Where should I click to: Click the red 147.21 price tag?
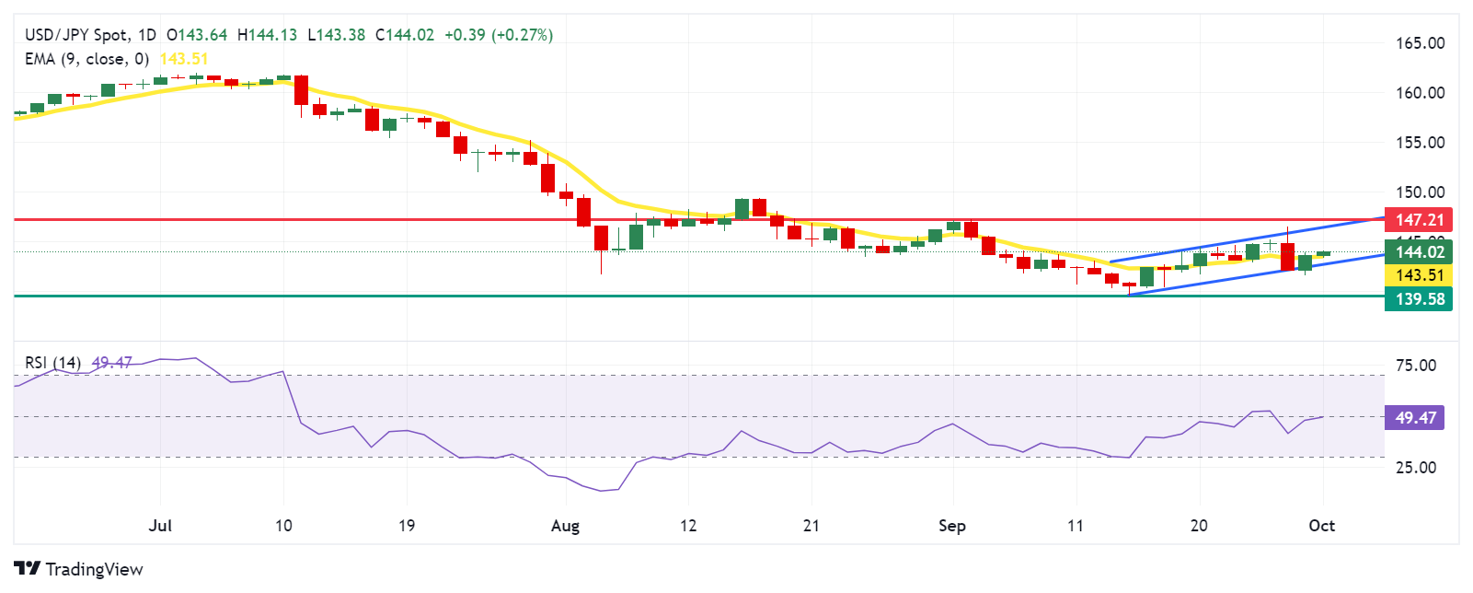coord(1419,220)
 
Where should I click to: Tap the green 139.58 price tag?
coord(1419,299)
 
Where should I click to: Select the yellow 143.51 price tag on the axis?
coord(1419,275)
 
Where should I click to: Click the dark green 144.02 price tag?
coord(1419,252)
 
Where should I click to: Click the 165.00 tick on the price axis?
coord(1420,43)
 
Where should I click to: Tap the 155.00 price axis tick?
coord(1420,143)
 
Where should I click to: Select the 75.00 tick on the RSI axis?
coord(1415,366)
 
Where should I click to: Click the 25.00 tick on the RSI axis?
coord(1415,468)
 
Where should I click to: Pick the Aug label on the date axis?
coord(565,526)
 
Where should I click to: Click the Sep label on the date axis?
coord(952,526)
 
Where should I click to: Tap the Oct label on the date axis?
coord(1322,526)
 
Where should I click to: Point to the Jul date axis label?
coord(160,526)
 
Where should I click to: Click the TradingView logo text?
coord(94,569)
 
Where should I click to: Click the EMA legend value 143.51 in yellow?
coord(184,59)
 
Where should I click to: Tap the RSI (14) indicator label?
coord(52,363)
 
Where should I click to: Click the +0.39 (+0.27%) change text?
coord(498,35)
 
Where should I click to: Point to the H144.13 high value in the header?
coord(267,35)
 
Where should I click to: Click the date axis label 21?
coord(811,526)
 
